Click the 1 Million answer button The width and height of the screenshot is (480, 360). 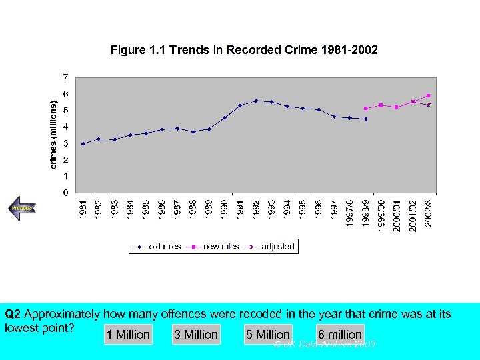click(129, 335)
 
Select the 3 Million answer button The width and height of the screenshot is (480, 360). click(195, 335)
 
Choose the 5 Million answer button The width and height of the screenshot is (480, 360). click(268, 335)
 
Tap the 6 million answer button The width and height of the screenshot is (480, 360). click(340, 335)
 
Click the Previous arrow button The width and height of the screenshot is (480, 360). click(22, 208)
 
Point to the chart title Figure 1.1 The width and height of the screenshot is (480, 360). click(244, 50)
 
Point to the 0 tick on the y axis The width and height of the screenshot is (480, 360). click(65, 193)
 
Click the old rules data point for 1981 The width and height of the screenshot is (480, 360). click(83, 144)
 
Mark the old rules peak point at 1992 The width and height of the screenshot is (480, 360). click(256, 101)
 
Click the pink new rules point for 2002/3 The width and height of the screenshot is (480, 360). click(428, 95)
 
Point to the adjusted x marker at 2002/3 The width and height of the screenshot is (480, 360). click(429, 105)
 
